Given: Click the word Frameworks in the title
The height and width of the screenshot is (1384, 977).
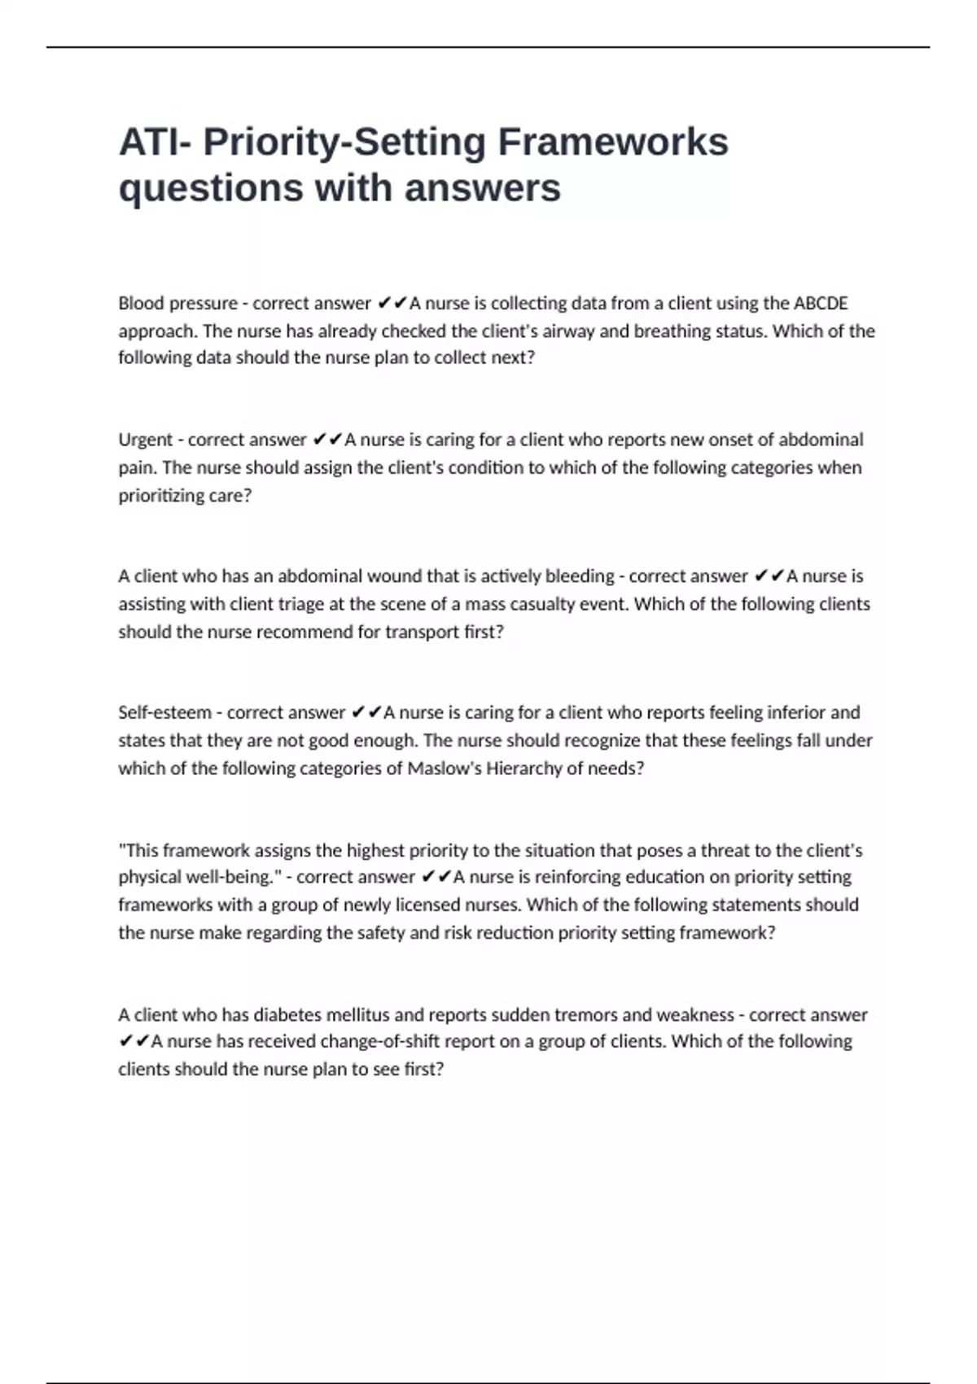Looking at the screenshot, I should coord(613,142).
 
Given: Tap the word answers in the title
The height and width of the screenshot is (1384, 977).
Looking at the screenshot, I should coord(482,188).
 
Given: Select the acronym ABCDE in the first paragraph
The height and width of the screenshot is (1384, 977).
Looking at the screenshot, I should coord(821,304).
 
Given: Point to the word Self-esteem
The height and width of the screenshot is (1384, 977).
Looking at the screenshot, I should coord(164,712).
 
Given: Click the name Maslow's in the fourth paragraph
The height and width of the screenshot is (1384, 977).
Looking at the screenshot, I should coord(444,769).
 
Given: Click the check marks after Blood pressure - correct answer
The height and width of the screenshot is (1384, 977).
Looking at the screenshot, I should coord(392,304).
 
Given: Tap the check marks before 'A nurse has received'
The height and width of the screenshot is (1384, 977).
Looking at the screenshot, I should coord(134,1041).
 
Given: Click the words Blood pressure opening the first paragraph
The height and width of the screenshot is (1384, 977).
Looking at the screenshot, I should coord(177,304).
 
